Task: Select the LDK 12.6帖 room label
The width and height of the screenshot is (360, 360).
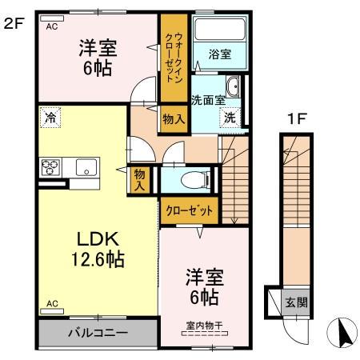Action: pos(98,249)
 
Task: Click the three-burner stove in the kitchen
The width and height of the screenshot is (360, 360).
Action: pos(50,167)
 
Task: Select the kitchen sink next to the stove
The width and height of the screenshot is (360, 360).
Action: pos(86,167)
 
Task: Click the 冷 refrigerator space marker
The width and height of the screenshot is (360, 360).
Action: pos(50,117)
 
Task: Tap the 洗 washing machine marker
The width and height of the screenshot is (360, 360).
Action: pos(230,117)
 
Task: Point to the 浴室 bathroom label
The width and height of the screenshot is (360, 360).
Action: pos(220,55)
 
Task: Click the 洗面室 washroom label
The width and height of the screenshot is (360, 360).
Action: pos(205,100)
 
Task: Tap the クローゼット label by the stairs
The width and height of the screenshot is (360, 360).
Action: pos(190,212)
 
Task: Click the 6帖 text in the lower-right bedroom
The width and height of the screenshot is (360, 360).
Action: pos(205,298)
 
